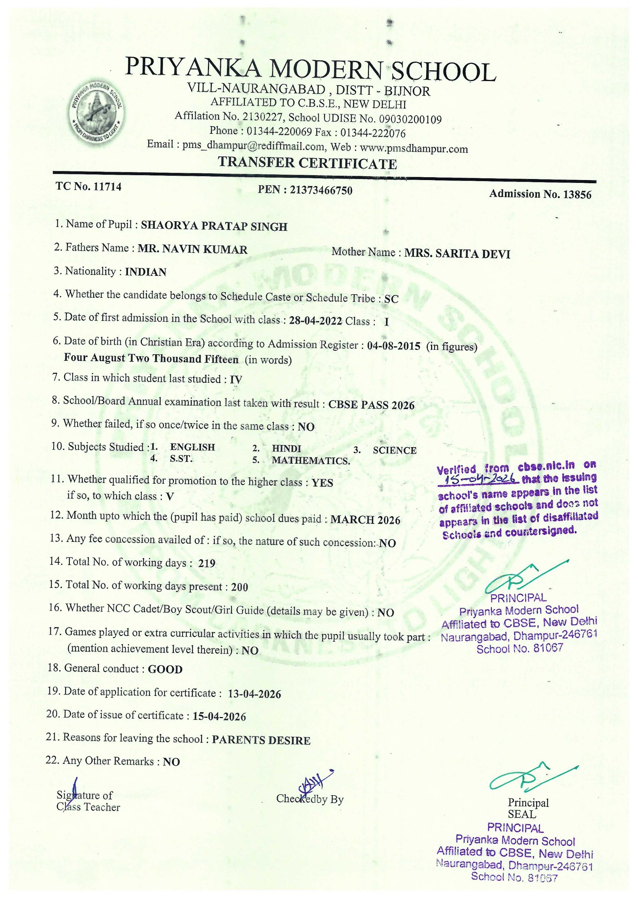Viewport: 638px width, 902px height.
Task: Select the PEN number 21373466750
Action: pyautogui.click(x=321, y=191)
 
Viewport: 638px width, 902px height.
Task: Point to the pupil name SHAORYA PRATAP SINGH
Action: pyautogui.click(x=214, y=226)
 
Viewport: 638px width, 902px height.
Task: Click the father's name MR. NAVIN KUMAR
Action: pyautogui.click(x=192, y=249)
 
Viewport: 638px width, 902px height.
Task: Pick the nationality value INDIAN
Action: pyautogui.click(x=146, y=272)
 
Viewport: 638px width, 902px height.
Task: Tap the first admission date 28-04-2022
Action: pyautogui.click(x=315, y=321)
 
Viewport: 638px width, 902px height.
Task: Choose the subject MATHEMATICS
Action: pyautogui.click(x=311, y=461)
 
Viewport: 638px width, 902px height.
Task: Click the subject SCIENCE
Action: pyautogui.click(x=394, y=450)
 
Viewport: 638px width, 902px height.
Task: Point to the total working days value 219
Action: pyautogui.click(x=207, y=563)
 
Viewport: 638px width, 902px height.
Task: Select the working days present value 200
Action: pyautogui.click(x=239, y=587)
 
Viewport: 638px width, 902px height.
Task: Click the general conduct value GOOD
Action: pyautogui.click(x=165, y=669)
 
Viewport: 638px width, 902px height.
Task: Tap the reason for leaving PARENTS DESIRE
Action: pyautogui.click(x=261, y=741)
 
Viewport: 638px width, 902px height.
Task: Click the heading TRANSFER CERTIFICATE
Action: pyautogui.click(x=307, y=163)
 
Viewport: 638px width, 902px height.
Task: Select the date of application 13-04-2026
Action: pyautogui.click(x=254, y=694)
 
